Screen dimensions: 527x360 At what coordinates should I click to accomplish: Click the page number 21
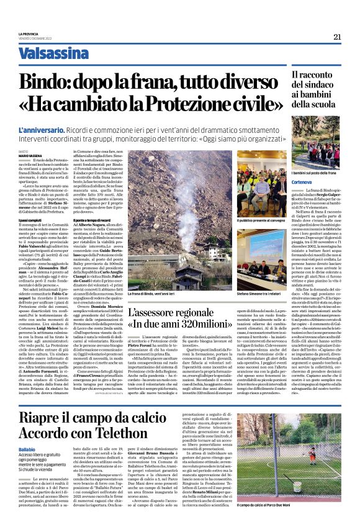tap(337, 37)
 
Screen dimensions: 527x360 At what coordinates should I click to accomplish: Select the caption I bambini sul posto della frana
tap(315, 170)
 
